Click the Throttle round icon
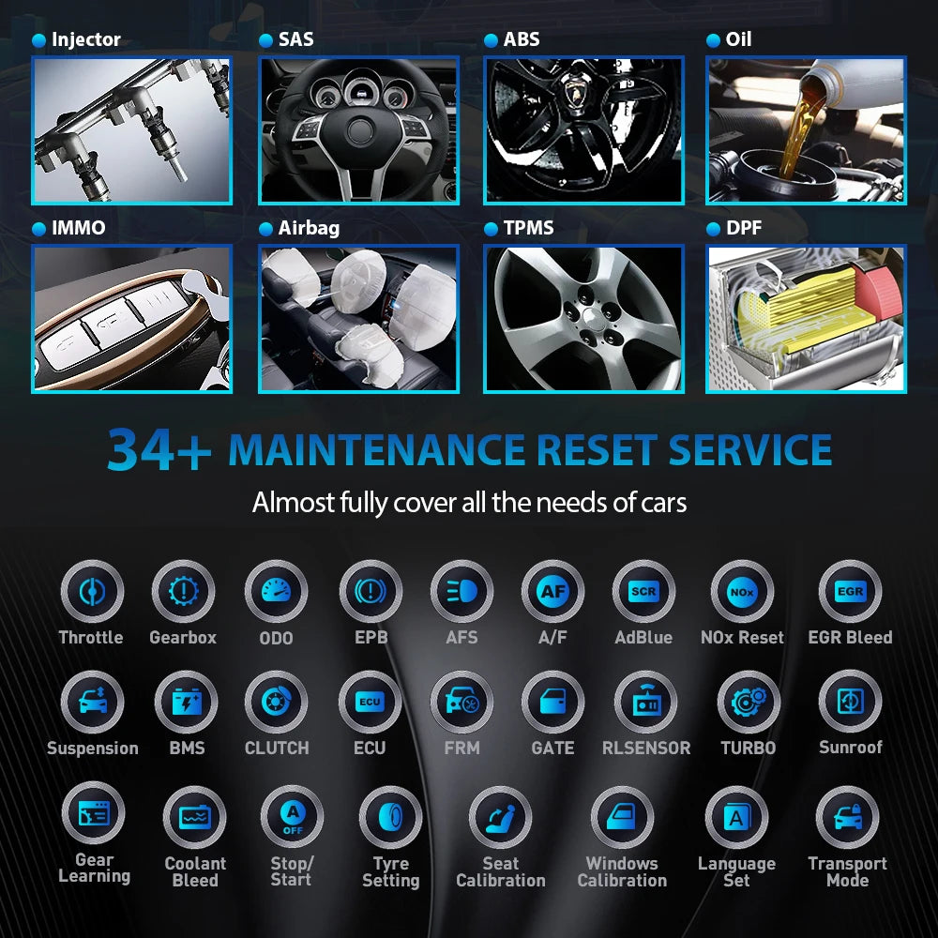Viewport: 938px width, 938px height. click(x=91, y=592)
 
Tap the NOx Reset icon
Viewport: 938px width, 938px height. click(x=741, y=592)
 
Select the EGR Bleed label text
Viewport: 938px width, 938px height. click(x=850, y=638)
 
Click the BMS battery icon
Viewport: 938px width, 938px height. click(x=186, y=703)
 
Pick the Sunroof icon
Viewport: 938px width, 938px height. click(x=850, y=703)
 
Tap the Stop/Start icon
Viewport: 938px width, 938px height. click(x=291, y=817)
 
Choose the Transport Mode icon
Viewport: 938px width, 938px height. click(x=847, y=817)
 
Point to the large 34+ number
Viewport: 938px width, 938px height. click(x=159, y=450)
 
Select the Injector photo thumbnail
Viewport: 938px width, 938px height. click(x=131, y=130)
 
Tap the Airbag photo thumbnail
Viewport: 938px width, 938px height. click(x=358, y=319)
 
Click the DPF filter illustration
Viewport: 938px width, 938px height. click(x=806, y=319)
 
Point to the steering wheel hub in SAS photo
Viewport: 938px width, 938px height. click(x=359, y=131)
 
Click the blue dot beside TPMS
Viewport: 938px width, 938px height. click(x=490, y=229)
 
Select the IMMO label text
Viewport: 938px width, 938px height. click(x=79, y=228)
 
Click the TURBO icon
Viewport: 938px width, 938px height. click(x=748, y=703)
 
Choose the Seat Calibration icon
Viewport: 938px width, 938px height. click(x=500, y=817)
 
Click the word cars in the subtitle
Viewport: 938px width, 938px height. click(x=661, y=503)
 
